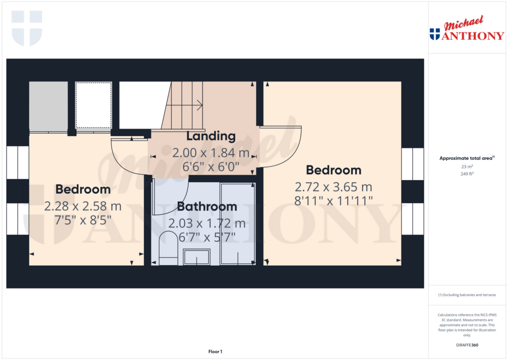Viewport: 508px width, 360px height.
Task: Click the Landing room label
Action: coord(210,136)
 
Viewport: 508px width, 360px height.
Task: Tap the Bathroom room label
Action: coord(207,207)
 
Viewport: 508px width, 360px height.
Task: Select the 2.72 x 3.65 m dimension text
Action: coord(333,187)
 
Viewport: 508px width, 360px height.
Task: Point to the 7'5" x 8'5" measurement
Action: coord(83,218)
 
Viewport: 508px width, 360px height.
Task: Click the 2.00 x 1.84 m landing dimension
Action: coord(210,153)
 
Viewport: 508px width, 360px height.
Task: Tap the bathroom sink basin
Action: coord(196,257)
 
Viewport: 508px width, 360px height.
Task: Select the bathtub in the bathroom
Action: coord(237,223)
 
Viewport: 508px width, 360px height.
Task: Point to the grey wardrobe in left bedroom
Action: coord(48,106)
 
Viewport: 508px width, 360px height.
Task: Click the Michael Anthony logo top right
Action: coord(466,29)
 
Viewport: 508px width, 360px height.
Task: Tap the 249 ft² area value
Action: coord(466,174)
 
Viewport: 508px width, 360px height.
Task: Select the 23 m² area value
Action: coord(466,167)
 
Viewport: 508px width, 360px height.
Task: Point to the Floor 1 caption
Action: coord(215,352)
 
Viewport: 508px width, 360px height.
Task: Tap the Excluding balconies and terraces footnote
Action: coord(466,295)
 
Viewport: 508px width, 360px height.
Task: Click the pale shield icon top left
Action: coord(27,28)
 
